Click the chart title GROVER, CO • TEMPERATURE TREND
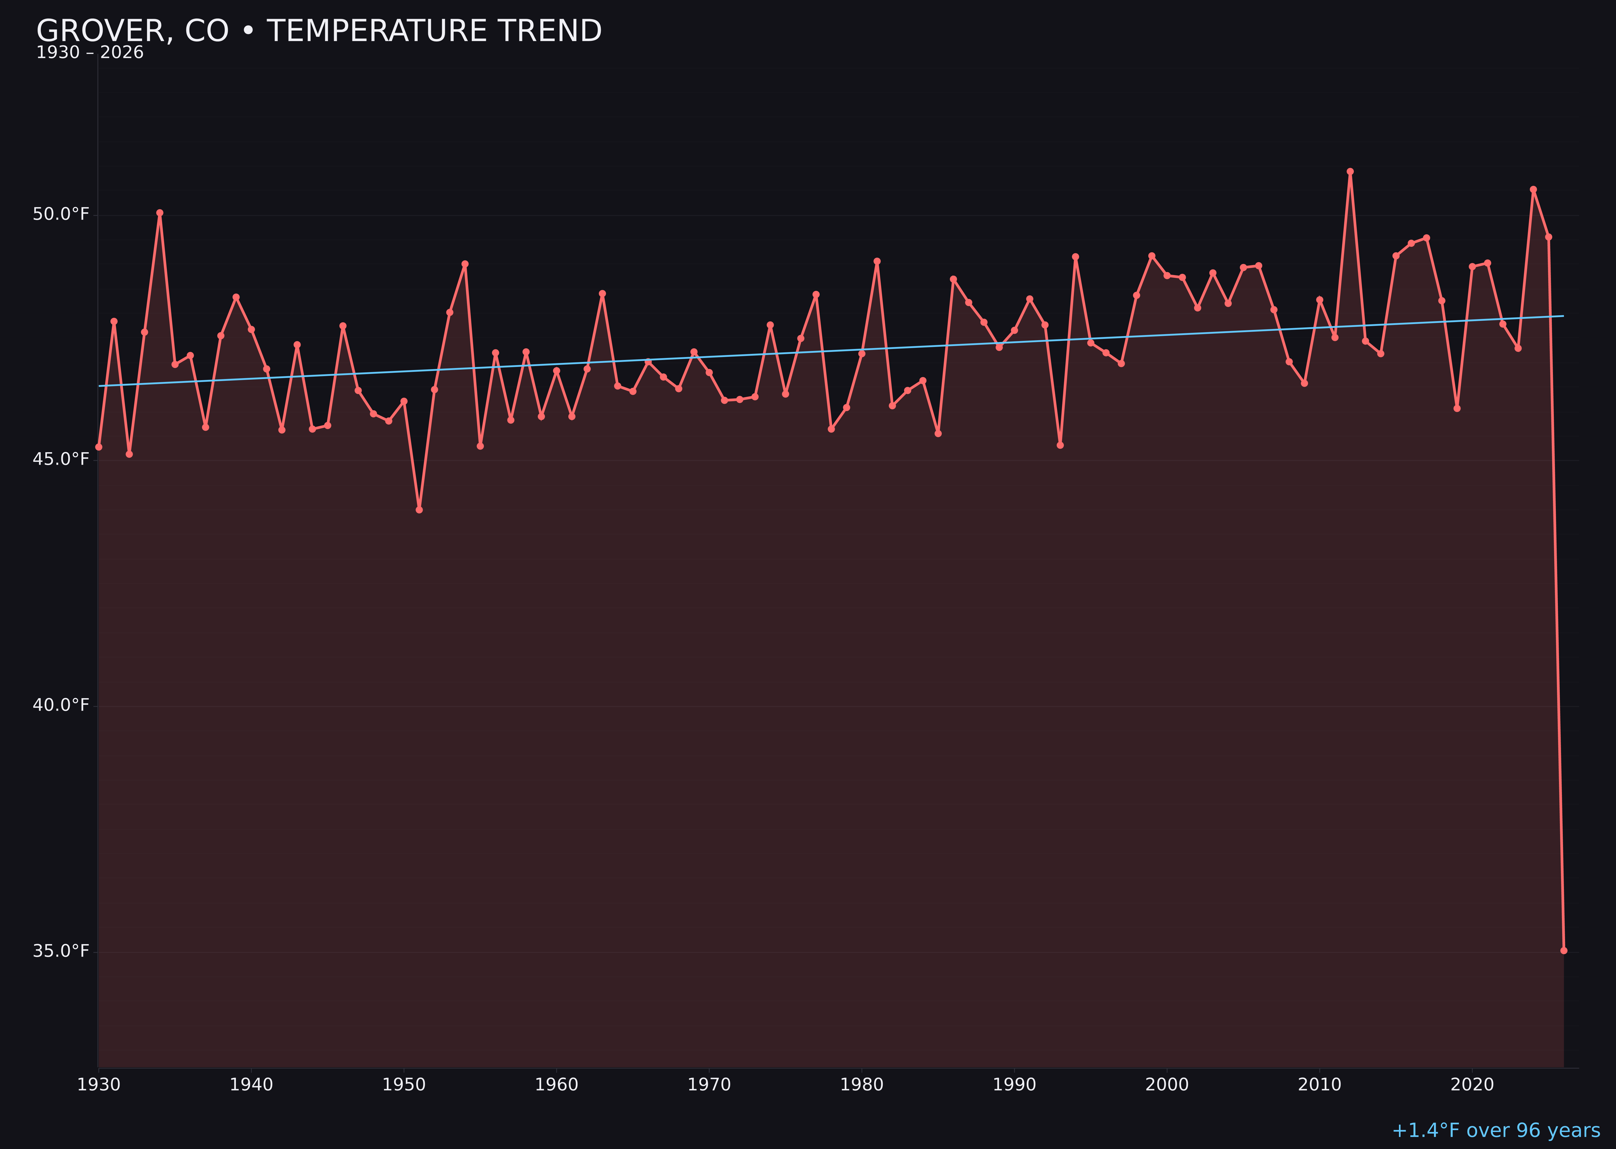pos(318,31)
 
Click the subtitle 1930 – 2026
pos(90,53)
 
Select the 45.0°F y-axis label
pos(61,459)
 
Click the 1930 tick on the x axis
pos(99,1085)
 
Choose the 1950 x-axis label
pos(404,1085)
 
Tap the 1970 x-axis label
pos(709,1085)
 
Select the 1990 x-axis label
pos(1014,1085)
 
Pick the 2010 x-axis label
pos(1319,1085)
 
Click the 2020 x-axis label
pos(1472,1085)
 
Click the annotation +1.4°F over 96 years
pos(1496,1130)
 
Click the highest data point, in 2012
pos(1350,171)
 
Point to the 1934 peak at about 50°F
pos(160,212)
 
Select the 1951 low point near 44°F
pos(419,509)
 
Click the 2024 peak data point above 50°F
pos(1533,189)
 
